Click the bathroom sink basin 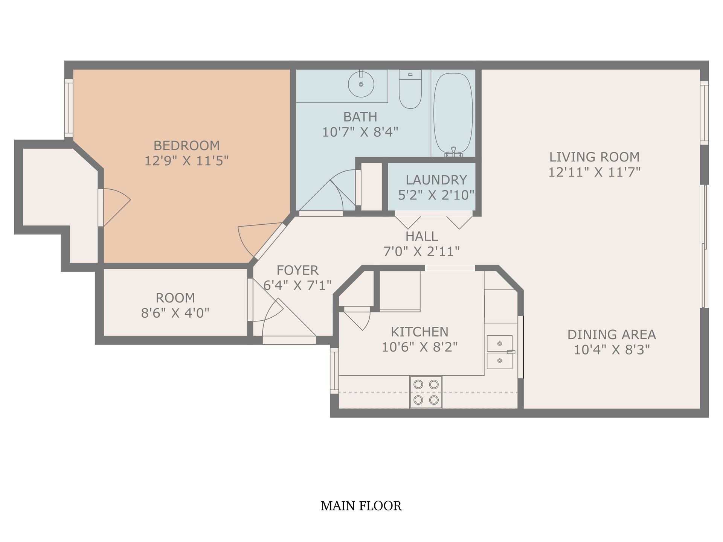361,84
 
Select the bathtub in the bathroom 453,113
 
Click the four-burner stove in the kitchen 426,392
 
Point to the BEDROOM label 186,145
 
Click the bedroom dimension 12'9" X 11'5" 186,161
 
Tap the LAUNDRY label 436,180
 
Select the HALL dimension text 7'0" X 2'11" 421,251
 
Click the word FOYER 297,270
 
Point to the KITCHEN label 419,332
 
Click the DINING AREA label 612,335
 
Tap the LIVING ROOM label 594,157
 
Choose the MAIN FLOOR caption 361,506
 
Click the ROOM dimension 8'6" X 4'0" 175,313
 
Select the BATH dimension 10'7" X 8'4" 360,132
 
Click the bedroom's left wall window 68,108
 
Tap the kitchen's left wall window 334,371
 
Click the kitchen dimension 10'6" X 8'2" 419,347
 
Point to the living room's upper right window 704,113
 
